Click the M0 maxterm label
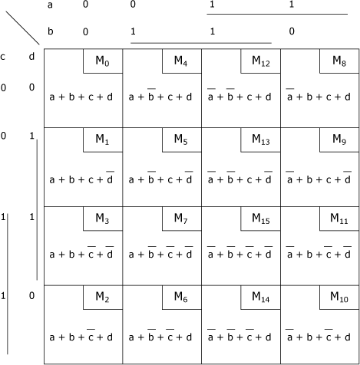click(102, 61)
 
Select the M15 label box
click(261, 219)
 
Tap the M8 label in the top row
click(339, 61)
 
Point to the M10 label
click(339, 298)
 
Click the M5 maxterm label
click(181, 140)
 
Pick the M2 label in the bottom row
click(102, 298)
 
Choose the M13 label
click(261, 140)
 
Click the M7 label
click(181, 219)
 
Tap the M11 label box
click(339, 219)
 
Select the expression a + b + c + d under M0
click(81, 97)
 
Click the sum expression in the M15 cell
click(239, 252)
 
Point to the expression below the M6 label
click(160, 335)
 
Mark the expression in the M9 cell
click(319, 177)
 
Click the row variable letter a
click(50, 5)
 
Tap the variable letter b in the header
click(51, 31)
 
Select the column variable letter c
click(2, 57)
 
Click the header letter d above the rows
click(31, 56)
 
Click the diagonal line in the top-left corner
click(22, 28)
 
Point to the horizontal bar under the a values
click(277, 14)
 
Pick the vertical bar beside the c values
click(8, 284)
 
